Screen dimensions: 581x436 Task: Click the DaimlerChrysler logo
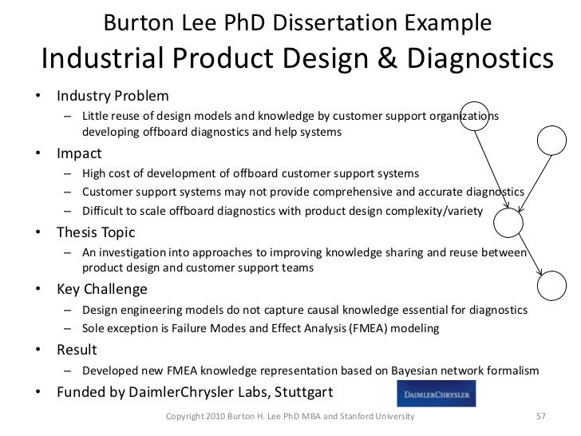click(437, 394)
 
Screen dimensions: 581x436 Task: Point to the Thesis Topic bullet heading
click(96, 233)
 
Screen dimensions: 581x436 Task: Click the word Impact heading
click(79, 153)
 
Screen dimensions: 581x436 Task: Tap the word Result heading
click(77, 351)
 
